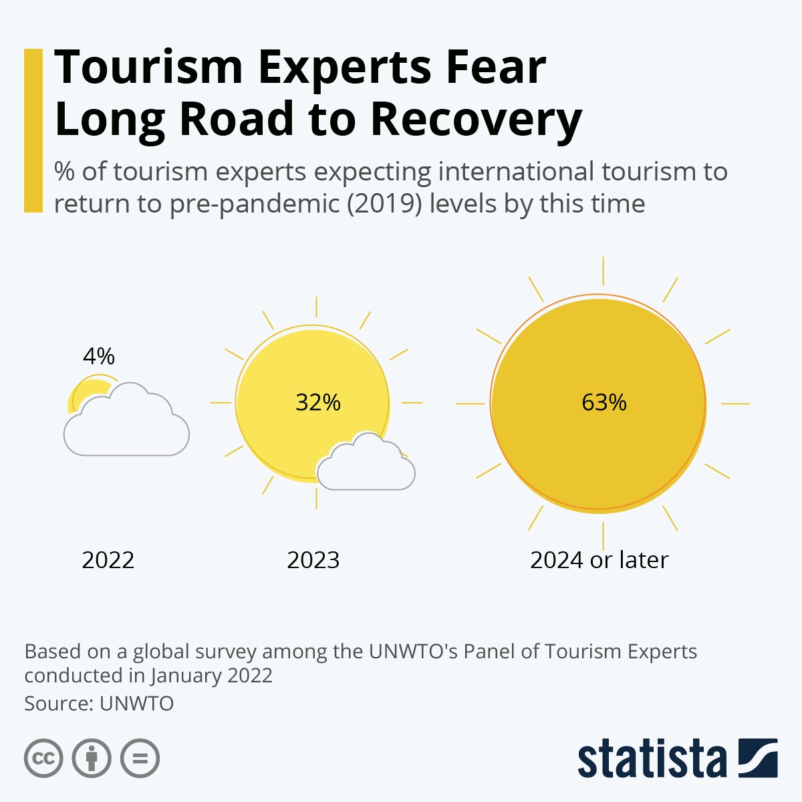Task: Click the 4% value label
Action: click(99, 356)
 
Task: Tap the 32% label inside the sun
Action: click(318, 402)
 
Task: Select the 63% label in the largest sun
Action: click(604, 402)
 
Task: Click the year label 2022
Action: click(108, 560)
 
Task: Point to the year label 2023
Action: click(313, 560)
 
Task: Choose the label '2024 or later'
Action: click(599, 560)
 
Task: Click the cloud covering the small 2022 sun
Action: click(127, 428)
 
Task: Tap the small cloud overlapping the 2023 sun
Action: click(366, 468)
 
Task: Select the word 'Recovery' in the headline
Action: click(476, 120)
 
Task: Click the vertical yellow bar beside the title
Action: click(33, 130)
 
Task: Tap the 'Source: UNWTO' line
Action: click(99, 704)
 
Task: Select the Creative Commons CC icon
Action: click(44, 759)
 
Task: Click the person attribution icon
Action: click(92, 759)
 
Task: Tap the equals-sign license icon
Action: click(140, 759)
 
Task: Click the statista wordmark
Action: click(652, 760)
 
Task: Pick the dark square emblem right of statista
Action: click(758, 759)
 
